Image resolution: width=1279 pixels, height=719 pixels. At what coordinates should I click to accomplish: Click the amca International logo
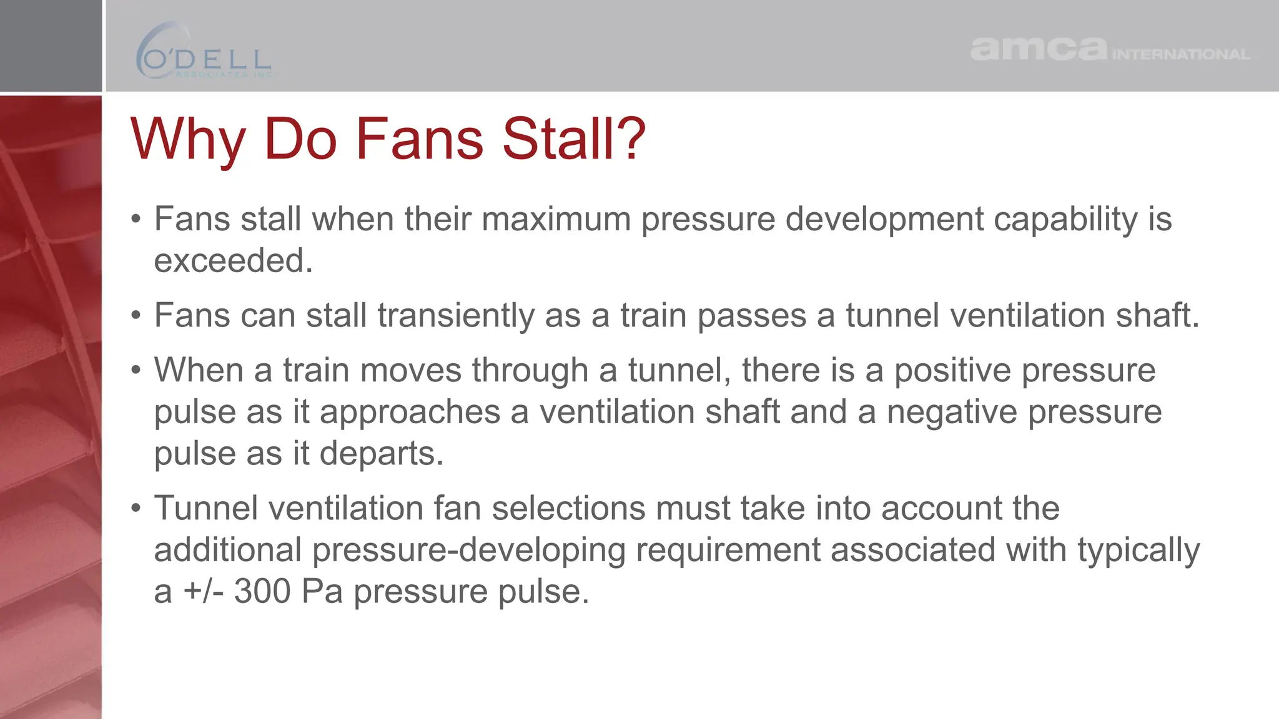click(1110, 49)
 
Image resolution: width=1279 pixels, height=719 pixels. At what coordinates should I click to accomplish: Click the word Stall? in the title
click(574, 139)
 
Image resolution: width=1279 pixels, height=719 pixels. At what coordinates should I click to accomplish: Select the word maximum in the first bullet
click(556, 220)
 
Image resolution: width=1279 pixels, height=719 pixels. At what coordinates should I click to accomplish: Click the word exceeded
click(233, 261)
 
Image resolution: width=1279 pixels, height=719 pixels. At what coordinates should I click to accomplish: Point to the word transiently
click(456, 315)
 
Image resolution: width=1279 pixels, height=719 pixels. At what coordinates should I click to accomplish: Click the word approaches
click(410, 412)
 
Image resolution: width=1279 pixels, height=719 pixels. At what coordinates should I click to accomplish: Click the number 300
click(262, 591)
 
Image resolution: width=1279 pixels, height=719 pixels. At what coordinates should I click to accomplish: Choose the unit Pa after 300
click(322, 591)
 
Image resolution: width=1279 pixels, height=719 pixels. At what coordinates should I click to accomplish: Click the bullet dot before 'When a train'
click(136, 371)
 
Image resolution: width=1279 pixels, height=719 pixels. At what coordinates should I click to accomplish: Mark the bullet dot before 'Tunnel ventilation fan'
click(136, 509)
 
